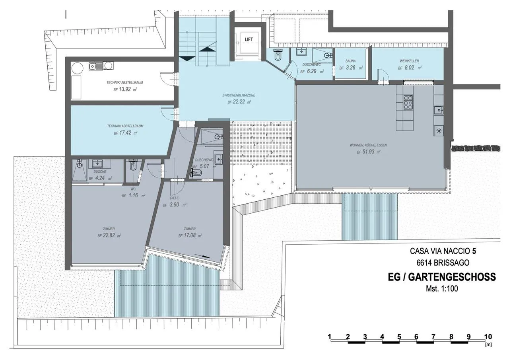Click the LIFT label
click(x=249, y=39)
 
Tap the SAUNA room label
click(x=350, y=61)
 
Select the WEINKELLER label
click(x=410, y=61)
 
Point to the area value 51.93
click(x=368, y=152)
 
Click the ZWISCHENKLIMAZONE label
click(x=239, y=95)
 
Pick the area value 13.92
click(x=125, y=89)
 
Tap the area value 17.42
click(x=125, y=132)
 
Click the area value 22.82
click(x=109, y=235)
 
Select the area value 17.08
click(x=190, y=235)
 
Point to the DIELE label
click(x=174, y=198)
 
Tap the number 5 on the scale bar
click(x=399, y=337)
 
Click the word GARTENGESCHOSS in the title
click(x=452, y=277)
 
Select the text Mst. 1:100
click(x=442, y=289)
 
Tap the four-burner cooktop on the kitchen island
click(x=408, y=102)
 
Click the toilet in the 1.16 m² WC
click(x=132, y=165)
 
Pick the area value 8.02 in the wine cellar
click(x=410, y=68)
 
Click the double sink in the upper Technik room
click(x=101, y=66)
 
